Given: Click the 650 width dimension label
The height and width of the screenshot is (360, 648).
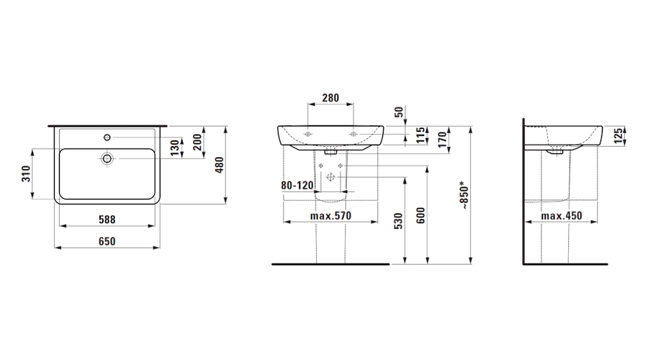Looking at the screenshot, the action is pyautogui.click(x=107, y=241).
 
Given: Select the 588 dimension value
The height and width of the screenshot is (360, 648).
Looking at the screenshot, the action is pyautogui.click(x=107, y=220).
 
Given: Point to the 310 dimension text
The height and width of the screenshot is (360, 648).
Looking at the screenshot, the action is pyautogui.click(x=26, y=174).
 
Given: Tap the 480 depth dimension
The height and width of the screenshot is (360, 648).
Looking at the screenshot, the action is pyautogui.click(x=220, y=165).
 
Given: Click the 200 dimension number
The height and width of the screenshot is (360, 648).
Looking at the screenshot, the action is pyautogui.click(x=197, y=142).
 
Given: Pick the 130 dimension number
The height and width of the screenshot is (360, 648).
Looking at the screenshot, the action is pyautogui.click(x=175, y=148).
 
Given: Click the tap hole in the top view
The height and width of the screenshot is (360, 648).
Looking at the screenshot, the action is pyautogui.click(x=107, y=137).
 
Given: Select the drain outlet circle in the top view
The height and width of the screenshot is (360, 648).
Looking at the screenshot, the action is pyautogui.click(x=107, y=158).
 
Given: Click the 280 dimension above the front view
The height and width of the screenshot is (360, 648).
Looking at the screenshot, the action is pyautogui.click(x=330, y=98).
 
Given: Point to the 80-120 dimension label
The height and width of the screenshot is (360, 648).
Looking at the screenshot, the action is pyautogui.click(x=297, y=185).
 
